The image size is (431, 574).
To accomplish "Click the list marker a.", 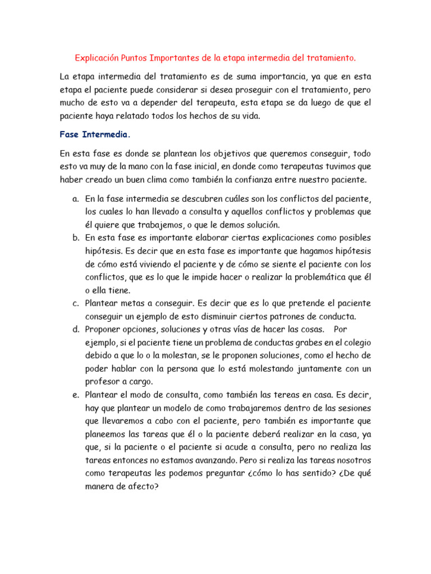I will [x=75, y=199].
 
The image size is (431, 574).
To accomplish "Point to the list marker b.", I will [x=75, y=238].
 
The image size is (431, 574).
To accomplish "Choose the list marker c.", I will [x=75, y=303].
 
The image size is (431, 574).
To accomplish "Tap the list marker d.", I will [x=75, y=329].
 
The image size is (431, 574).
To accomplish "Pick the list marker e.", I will [x=75, y=395].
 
